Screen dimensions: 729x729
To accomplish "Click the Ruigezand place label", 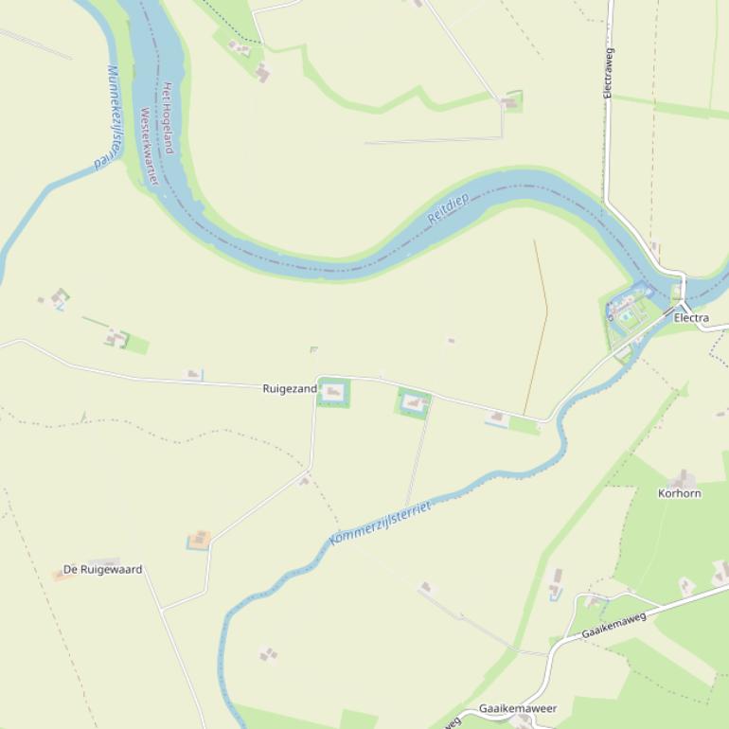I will click(x=290, y=388).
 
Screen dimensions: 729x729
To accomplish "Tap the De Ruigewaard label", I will click(x=103, y=569).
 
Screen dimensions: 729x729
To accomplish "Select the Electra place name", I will click(x=691, y=318).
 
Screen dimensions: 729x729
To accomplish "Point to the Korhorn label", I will click(x=680, y=493).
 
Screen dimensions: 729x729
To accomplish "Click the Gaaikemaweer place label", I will click(x=517, y=708).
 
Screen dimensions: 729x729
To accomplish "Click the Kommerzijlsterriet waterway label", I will click(x=380, y=524).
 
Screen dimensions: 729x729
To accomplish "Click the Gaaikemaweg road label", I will click(x=613, y=625).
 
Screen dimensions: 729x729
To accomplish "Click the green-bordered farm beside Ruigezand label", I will click(x=332, y=392).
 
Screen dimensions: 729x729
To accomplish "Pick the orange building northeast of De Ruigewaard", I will click(x=199, y=540).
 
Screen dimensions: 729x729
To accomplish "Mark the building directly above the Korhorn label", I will click(x=681, y=479).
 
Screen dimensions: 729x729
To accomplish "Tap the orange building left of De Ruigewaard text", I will click(x=58, y=575).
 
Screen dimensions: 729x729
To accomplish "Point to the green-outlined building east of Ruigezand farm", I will click(x=413, y=403).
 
